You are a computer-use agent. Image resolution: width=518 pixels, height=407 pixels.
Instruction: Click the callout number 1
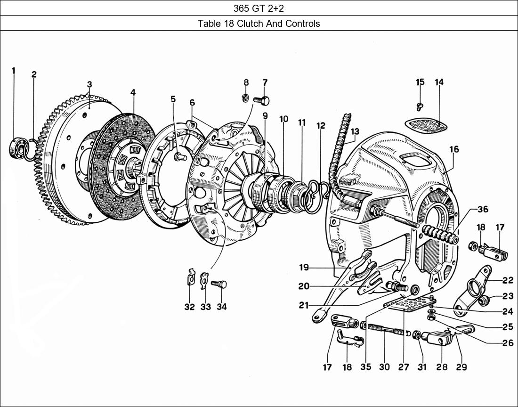13,71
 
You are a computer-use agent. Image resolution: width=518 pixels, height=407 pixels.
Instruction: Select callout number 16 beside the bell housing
453,150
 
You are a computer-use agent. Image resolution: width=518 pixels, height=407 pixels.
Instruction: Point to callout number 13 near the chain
354,131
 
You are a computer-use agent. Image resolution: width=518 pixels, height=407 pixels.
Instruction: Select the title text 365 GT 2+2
259,8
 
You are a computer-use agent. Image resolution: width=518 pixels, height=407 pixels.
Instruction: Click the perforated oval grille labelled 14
426,124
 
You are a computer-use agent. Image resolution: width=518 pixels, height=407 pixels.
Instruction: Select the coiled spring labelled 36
440,233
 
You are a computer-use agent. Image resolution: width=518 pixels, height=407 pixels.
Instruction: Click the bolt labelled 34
220,284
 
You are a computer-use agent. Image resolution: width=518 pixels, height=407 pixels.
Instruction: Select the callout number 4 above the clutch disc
133,92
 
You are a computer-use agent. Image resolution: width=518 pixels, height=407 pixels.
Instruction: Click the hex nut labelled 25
431,318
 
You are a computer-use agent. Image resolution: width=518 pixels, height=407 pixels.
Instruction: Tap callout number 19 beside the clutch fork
304,268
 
